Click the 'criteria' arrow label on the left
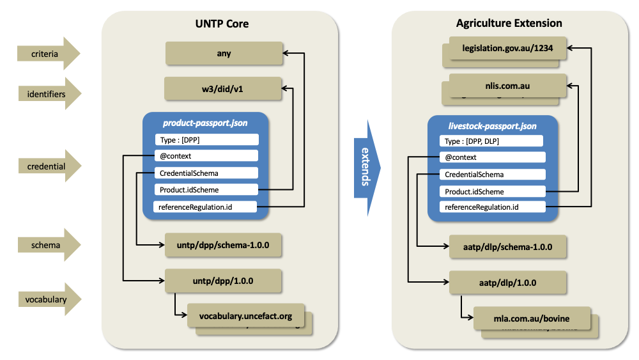point(45,54)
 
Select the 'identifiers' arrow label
point(45,94)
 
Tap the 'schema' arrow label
point(45,245)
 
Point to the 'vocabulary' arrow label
point(45,299)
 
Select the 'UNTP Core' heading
point(222,24)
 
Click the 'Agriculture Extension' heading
point(509,24)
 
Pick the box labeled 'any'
point(224,54)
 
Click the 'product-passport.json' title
point(205,123)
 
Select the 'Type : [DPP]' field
point(206,140)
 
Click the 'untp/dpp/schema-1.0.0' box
point(223,245)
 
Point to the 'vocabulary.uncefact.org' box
point(245,316)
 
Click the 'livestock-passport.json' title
point(491,126)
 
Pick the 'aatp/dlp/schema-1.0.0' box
point(508,246)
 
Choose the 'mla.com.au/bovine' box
point(531,318)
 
